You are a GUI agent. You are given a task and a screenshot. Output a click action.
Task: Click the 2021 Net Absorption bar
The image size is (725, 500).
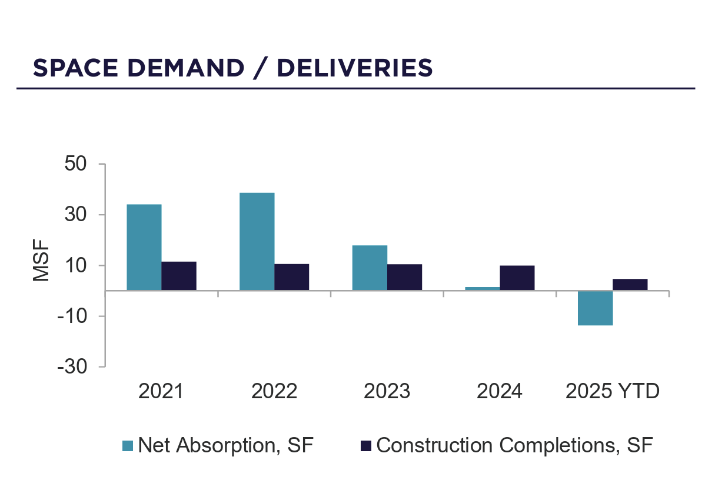(144, 247)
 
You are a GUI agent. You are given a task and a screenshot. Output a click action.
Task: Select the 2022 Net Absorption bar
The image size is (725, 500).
(257, 241)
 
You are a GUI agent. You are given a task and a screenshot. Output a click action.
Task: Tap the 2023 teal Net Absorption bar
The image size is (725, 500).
(370, 268)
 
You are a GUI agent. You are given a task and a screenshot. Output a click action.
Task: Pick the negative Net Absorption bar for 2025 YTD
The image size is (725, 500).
(595, 308)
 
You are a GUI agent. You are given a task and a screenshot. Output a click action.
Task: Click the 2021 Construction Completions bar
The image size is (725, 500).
(179, 276)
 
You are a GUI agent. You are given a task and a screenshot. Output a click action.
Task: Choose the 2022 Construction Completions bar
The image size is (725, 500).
(291, 277)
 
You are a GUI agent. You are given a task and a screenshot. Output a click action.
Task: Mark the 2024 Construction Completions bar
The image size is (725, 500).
(517, 278)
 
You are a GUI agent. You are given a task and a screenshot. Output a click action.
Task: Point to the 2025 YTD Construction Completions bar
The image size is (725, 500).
(630, 284)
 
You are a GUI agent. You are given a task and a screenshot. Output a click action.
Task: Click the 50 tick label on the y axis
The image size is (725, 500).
(77, 164)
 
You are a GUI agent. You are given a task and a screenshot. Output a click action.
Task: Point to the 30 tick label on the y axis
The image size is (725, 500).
(77, 215)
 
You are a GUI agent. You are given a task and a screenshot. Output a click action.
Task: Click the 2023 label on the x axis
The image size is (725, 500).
(387, 391)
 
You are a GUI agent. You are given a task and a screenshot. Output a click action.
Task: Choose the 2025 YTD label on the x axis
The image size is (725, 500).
(612, 391)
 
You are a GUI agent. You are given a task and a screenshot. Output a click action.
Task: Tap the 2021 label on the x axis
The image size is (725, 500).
(161, 391)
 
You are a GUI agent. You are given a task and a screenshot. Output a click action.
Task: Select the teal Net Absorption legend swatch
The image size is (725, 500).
(128, 445)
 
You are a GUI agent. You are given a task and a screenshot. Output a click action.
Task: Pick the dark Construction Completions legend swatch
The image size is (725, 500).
(365, 445)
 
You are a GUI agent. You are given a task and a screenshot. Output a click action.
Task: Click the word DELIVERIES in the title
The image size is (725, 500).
(355, 68)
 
